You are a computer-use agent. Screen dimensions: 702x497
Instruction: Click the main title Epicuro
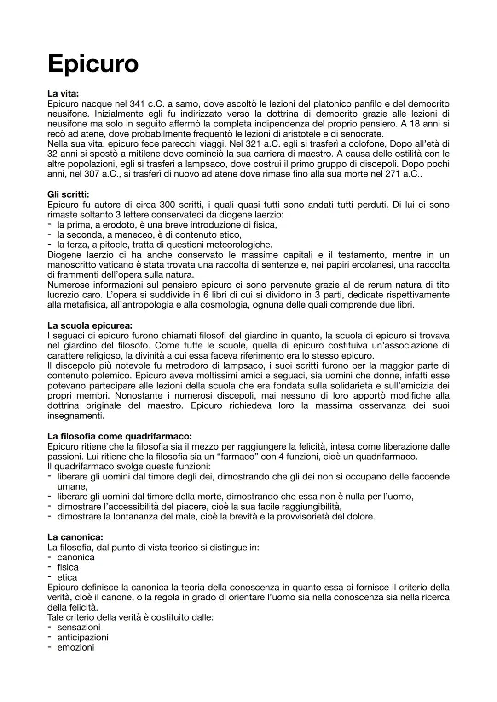click(x=92, y=63)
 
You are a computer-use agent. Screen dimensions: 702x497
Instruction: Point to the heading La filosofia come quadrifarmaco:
click(x=120, y=436)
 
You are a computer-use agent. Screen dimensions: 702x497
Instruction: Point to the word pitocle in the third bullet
click(x=113, y=245)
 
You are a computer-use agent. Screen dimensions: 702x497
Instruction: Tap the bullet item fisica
click(x=68, y=567)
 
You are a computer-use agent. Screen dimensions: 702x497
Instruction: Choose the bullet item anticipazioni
click(x=83, y=637)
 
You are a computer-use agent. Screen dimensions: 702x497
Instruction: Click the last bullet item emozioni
click(x=75, y=647)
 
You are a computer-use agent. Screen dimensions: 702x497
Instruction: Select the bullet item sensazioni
click(x=79, y=627)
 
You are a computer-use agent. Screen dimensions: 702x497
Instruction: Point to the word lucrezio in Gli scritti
click(x=65, y=295)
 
